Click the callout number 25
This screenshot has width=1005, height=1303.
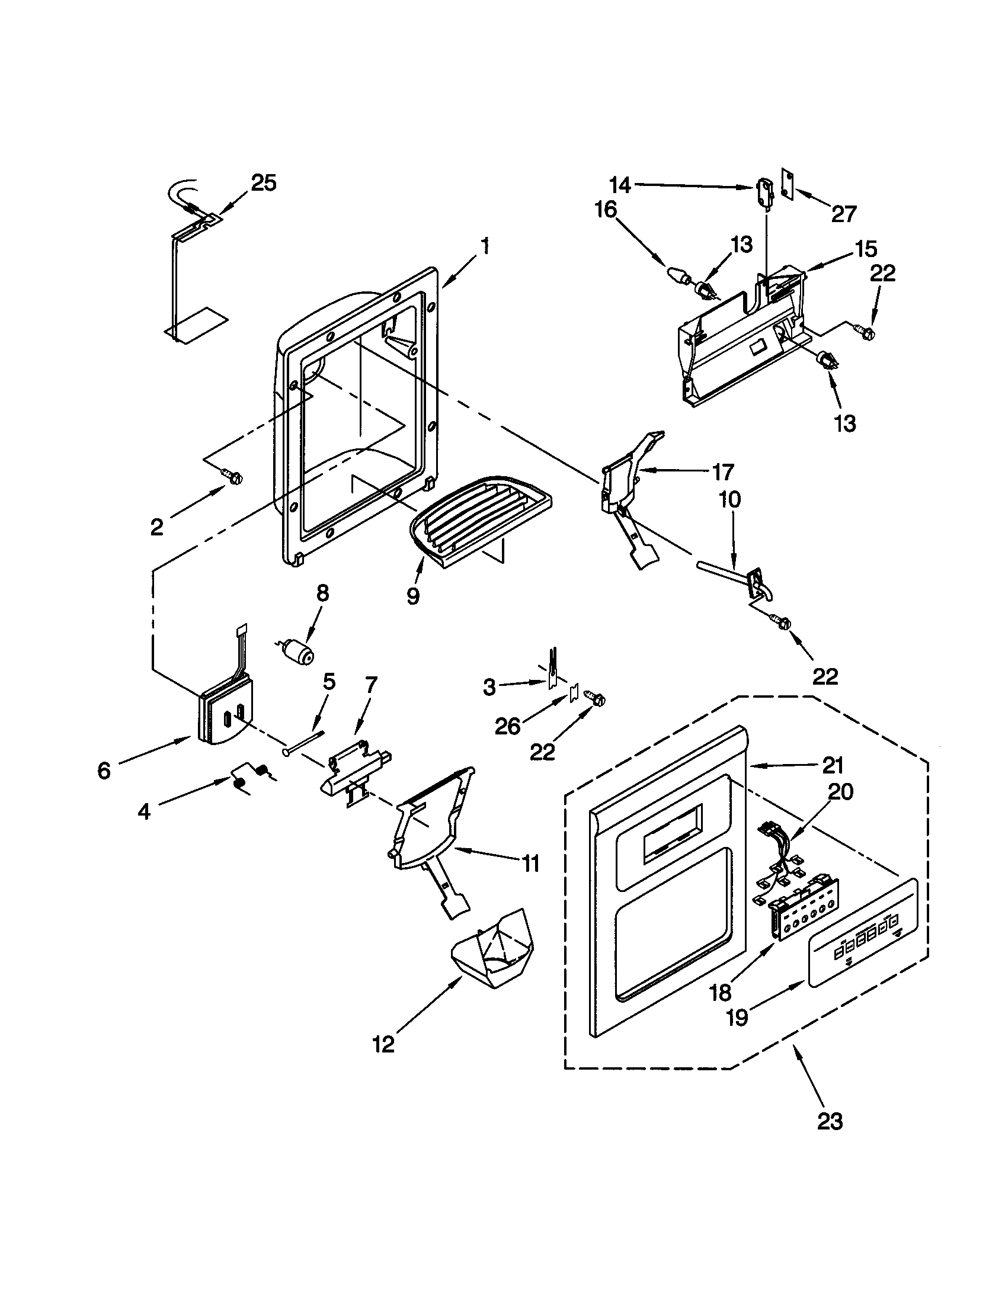263,183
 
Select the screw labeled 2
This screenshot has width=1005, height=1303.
232,475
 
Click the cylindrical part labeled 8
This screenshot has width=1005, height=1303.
298,650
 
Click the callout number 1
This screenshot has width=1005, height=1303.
486,245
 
